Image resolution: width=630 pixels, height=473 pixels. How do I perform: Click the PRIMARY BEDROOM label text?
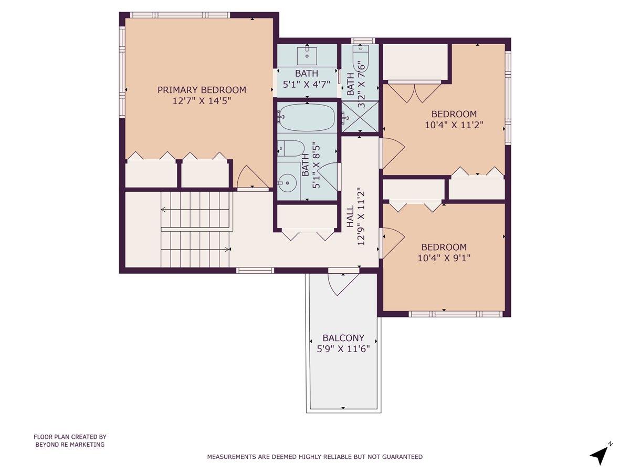pyautogui.click(x=202, y=90)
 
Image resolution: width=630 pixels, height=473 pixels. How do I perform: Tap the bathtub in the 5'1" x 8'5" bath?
pyautogui.click(x=307, y=117)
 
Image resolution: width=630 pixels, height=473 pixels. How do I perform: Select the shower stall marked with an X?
pyautogui.click(x=360, y=117)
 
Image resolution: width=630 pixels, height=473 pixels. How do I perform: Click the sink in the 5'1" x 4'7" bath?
pyautogui.click(x=307, y=54)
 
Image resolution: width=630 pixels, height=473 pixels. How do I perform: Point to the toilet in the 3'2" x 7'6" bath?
pyautogui.click(x=361, y=58)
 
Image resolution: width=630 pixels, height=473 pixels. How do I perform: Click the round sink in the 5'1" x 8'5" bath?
pyautogui.click(x=287, y=183)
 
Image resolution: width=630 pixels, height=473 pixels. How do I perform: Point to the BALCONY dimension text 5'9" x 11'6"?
pyautogui.click(x=343, y=348)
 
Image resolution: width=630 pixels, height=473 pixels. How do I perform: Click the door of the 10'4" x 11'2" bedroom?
pyautogui.click(x=392, y=152)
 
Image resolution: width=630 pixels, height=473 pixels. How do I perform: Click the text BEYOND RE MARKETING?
pyautogui.click(x=70, y=444)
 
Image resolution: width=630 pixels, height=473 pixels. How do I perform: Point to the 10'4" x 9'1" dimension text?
pyautogui.click(x=444, y=258)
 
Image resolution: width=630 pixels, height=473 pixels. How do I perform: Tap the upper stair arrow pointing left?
pyautogui.click(x=164, y=210)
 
